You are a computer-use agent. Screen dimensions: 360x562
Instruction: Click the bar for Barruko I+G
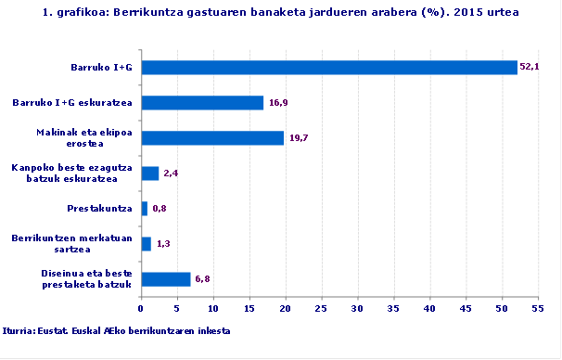coord(328,67)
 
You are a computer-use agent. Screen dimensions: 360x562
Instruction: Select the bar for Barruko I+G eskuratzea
coord(202,102)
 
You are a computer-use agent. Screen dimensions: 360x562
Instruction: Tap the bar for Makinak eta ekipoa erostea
coord(212,137)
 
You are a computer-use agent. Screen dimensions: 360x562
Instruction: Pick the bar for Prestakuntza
coord(144,209)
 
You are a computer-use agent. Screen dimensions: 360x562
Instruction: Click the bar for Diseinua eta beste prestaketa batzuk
coord(165,279)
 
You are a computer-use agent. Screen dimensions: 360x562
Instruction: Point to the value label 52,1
coord(530,67)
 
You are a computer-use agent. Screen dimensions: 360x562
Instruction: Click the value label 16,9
coord(278,102)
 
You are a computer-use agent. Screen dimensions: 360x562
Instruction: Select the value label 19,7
coord(299,137)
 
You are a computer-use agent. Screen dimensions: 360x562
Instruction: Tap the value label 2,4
coord(171,174)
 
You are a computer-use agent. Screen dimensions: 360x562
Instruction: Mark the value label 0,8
coord(159,209)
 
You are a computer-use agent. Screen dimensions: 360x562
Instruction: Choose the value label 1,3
coord(163,244)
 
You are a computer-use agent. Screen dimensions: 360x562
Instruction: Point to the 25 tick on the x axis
coord(321,309)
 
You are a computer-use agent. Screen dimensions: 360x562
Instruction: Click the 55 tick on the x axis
coord(537,309)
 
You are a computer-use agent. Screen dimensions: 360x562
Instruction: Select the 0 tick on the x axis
coord(141,309)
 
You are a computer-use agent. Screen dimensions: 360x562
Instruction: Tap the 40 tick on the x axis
coord(429,309)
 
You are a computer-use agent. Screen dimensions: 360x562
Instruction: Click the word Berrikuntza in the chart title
coord(134,13)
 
